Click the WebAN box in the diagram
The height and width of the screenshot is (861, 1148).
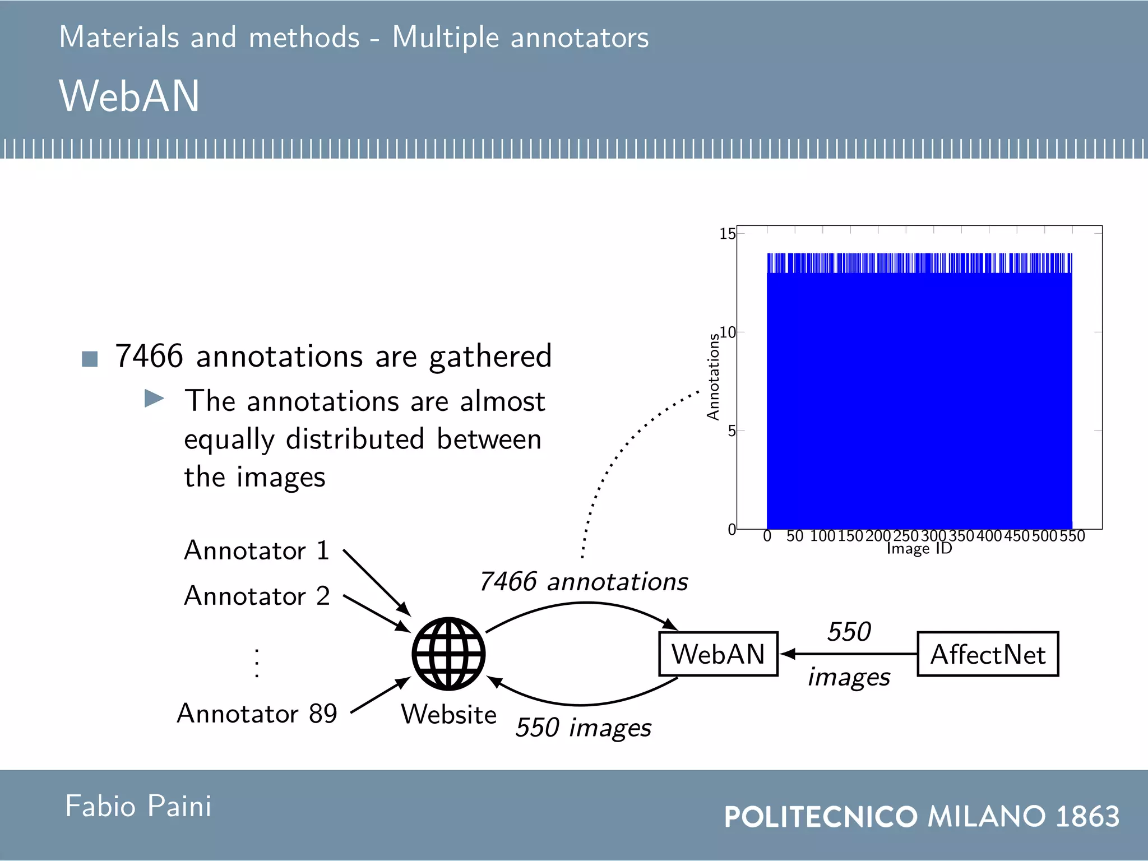click(x=718, y=654)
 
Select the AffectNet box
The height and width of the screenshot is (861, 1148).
click(x=988, y=654)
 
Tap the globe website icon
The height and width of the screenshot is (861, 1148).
click(x=448, y=654)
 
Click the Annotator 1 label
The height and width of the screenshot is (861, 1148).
click(x=257, y=550)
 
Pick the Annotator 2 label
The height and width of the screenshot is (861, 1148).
click(x=257, y=595)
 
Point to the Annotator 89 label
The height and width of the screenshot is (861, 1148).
click(x=257, y=714)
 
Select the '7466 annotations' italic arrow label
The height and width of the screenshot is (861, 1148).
click(x=584, y=581)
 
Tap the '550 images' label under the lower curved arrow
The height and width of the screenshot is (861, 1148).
click(x=584, y=728)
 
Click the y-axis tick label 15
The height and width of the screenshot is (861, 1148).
click(x=727, y=234)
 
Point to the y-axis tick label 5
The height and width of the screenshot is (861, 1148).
click(x=732, y=431)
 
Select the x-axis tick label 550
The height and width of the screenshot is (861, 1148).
click(x=1072, y=536)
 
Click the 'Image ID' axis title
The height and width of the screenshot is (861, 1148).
click(x=919, y=548)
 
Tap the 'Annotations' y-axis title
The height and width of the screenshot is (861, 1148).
click(x=713, y=377)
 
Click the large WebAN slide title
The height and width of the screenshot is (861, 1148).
click(x=129, y=96)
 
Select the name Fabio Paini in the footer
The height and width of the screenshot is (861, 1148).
click(x=138, y=806)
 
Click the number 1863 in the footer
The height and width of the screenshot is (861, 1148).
click(x=1087, y=816)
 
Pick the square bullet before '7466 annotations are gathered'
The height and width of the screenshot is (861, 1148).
click(x=90, y=359)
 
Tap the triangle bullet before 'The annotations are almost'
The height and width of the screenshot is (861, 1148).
click(x=154, y=399)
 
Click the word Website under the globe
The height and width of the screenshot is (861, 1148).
click(x=448, y=714)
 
